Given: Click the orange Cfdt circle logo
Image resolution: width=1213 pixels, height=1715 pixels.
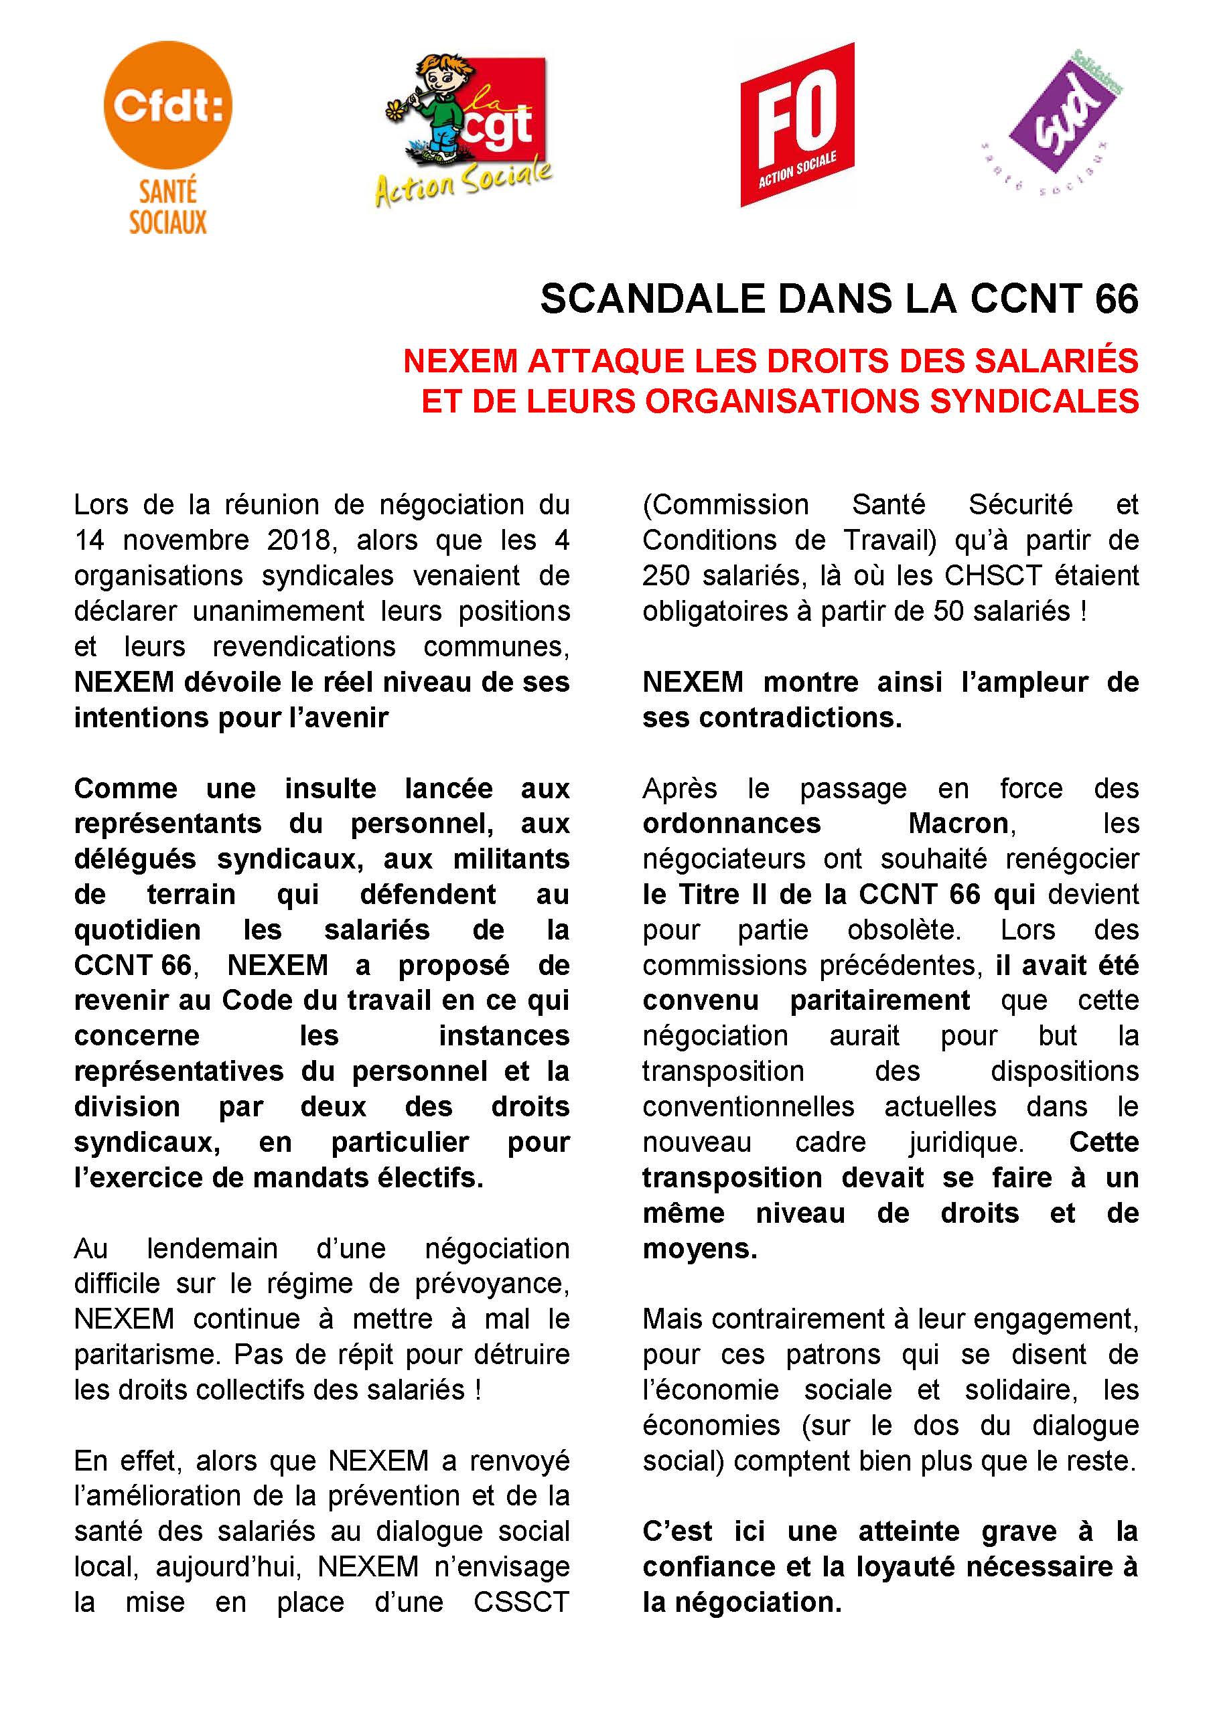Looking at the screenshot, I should [x=168, y=106].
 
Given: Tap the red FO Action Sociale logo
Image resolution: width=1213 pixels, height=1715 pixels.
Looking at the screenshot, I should [x=797, y=125].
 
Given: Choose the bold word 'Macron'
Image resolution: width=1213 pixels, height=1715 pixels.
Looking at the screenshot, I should [x=959, y=823].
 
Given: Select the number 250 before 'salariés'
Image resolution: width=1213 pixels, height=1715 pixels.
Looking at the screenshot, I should [x=667, y=576].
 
